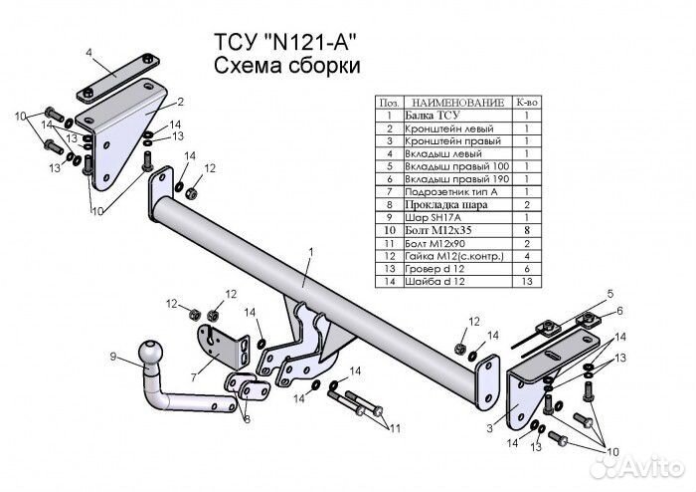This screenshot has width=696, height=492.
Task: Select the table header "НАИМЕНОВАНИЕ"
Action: click(453, 103)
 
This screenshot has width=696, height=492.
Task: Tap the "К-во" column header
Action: click(526, 103)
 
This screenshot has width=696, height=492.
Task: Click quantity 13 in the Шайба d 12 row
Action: click(526, 282)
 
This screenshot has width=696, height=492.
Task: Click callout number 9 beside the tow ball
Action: click(113, 357)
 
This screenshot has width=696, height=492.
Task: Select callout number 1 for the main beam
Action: click(310, 252)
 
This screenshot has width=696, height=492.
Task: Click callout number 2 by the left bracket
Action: click(180, 103)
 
